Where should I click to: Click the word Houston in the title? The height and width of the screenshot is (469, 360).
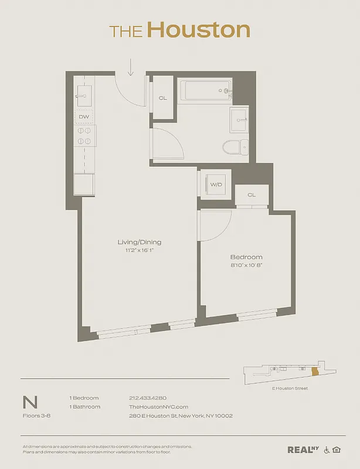pos(198,29)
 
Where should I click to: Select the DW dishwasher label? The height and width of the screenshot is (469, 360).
pos(84,117)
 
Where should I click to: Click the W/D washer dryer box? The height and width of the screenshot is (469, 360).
pos(216,185)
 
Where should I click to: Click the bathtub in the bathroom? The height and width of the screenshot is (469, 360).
pos(206,91)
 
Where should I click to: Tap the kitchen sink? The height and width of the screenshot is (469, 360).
pos(83,94)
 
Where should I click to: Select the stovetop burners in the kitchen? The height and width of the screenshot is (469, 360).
pos(84,136)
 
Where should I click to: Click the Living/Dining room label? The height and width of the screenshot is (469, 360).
pos(140,242)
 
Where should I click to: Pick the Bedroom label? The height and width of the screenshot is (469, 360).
pos(246,257)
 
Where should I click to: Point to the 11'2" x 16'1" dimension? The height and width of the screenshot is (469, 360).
pos(140,250)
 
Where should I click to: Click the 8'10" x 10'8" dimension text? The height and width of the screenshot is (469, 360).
pos(246,265)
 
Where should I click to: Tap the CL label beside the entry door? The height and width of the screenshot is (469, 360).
pos(162,98)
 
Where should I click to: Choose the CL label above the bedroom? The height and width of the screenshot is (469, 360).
pos(252,195)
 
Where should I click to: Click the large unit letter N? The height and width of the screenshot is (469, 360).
pos(30,402)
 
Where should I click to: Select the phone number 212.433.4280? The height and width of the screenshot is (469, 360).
pos(148,398)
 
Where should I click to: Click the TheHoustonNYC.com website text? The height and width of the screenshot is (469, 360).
pos(158,407)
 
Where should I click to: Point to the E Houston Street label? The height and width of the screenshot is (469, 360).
pos(290,388)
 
